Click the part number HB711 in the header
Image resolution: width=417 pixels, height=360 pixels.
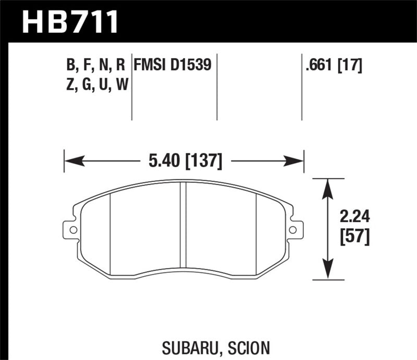click(71, 22)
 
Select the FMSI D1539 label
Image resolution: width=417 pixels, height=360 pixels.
click(173, 65)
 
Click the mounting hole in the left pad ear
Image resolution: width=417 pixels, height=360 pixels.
click(72, 229)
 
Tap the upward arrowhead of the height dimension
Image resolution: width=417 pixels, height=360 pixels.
click(327, 183)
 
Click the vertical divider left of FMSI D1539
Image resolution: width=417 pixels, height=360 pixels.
click(131, 86)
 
